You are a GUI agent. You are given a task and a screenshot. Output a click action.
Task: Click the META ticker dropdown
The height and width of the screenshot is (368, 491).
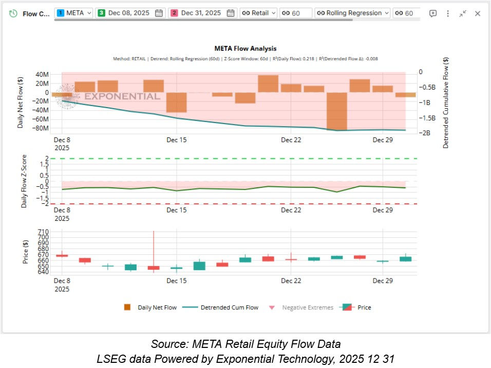(74, 13)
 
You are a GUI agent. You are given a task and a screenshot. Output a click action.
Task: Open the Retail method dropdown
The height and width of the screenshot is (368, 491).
(259, 13)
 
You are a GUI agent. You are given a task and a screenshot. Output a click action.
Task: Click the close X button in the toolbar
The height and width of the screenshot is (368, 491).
(477, 14)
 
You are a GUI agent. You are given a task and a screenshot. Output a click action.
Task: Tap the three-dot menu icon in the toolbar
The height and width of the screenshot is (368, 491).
(448, 14)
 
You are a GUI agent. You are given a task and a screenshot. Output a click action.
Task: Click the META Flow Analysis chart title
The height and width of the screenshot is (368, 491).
(245, 49)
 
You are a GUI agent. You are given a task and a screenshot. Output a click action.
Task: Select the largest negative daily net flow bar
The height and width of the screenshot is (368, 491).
(337, 111)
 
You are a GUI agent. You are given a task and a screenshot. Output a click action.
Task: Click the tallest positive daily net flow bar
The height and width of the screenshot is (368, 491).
(268, 83)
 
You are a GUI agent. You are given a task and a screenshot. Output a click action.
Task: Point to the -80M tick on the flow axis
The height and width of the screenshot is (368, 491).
(41, 128)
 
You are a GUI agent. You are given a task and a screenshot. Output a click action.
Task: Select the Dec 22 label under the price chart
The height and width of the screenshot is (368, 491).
(291, 281)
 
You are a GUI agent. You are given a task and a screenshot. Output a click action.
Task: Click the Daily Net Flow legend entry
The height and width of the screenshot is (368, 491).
(157, 308)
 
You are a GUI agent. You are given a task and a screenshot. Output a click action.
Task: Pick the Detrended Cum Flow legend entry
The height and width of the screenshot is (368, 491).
(229, 308)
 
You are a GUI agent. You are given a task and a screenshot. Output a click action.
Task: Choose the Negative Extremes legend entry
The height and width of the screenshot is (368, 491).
(307, 308)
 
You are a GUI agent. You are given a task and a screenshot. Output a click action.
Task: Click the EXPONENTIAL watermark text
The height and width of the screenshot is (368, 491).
(122, 96)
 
